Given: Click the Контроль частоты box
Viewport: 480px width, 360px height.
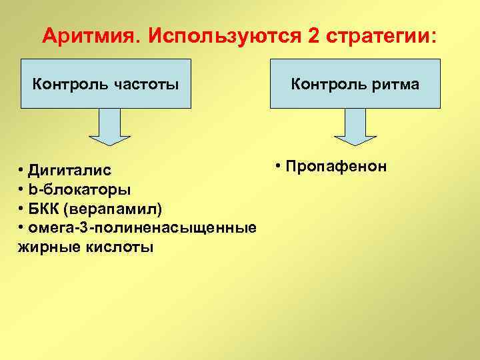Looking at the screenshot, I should (x=107, y=84).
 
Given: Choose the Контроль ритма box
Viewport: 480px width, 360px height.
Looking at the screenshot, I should (x=355, y=84).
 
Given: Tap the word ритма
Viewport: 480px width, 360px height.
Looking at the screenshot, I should (x=397, y=85).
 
